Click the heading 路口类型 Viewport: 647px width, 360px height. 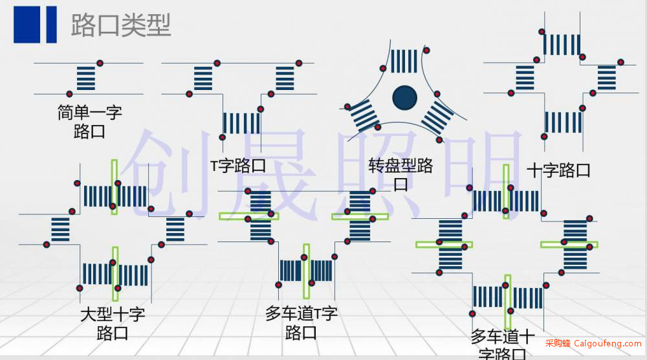[121, 25]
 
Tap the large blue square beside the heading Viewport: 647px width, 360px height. [27, 25]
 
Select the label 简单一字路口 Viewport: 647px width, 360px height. [89, 122]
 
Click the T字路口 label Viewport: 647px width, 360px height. [238, 166]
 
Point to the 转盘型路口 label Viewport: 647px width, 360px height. [400, 174]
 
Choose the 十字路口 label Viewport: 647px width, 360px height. [559, 170]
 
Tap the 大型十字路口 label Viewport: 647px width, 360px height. [113, 323]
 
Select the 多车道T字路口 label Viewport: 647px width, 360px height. [302, 323]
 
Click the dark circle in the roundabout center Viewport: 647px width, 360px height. [405, 98]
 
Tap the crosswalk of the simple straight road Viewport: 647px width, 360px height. [86, 78]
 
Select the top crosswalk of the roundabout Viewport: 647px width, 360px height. [404, 61]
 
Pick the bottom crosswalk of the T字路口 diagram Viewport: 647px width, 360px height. [241, 123]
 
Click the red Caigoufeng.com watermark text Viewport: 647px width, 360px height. [593, 343]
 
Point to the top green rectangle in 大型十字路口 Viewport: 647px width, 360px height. [115, 187]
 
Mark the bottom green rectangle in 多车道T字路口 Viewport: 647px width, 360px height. [306, 271]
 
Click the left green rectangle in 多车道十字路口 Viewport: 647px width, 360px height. [444, 244]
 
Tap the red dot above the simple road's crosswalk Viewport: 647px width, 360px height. [100, 63]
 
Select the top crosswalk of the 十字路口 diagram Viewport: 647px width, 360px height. [562, 45]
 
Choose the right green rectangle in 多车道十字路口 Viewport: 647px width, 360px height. [569, 244]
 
